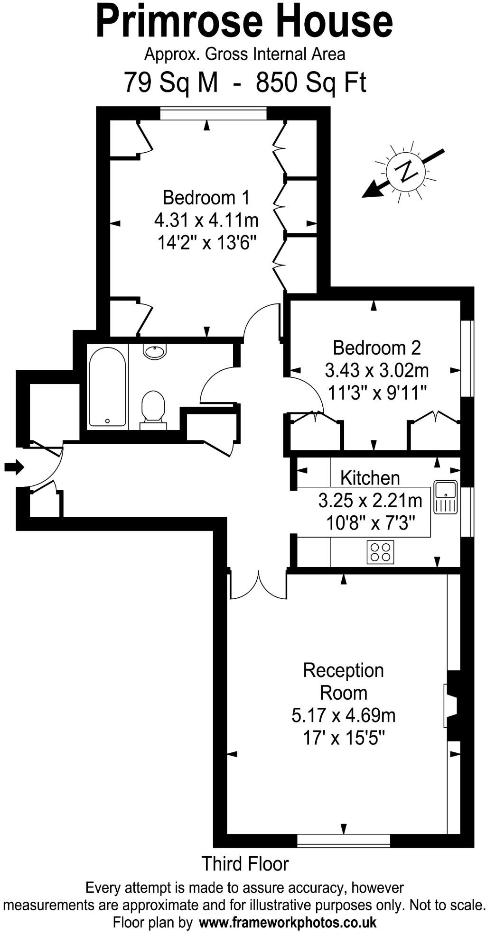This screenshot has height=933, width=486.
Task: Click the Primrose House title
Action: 244,21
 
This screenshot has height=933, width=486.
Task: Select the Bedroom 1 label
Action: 206,197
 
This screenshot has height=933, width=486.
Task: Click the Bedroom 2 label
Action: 376,348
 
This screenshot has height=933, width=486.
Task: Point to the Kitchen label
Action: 370,478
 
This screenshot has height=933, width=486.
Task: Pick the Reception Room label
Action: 343,682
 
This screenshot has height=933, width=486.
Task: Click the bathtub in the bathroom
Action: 107,387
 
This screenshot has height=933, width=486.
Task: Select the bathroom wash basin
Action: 154,352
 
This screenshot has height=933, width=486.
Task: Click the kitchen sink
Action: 445,497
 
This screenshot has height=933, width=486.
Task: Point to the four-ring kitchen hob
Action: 380,552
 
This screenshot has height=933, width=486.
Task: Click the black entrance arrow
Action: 14,467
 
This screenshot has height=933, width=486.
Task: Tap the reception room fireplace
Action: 451,705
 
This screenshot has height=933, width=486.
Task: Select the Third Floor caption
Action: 245,864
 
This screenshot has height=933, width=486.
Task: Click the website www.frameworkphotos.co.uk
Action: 288,923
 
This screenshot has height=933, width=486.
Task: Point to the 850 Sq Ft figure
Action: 311,82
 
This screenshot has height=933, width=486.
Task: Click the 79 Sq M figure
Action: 171,82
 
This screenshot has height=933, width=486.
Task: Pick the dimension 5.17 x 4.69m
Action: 343,715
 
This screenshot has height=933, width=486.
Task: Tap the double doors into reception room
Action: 258,585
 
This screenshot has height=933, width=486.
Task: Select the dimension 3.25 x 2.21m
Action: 370,500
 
